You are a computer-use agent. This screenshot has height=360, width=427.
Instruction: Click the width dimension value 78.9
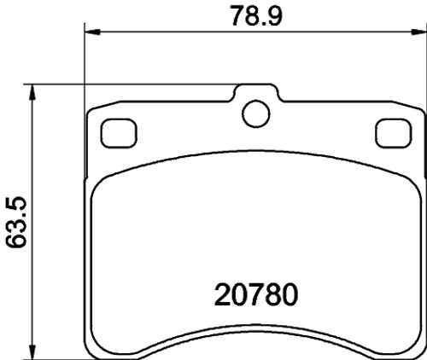(256, 15)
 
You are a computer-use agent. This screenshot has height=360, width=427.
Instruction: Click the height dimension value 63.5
(16, 222)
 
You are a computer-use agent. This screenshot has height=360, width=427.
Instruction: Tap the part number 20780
(256, 295)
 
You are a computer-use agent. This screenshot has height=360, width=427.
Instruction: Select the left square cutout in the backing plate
(119, 133)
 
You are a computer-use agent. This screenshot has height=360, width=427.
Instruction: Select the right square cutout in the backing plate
(394, 133)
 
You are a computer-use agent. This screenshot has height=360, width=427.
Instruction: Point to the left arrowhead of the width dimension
(93, 32)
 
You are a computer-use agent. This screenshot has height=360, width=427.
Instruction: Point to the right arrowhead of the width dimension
(418, 32)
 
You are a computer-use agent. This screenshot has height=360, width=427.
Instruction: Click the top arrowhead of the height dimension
(32, 92)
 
